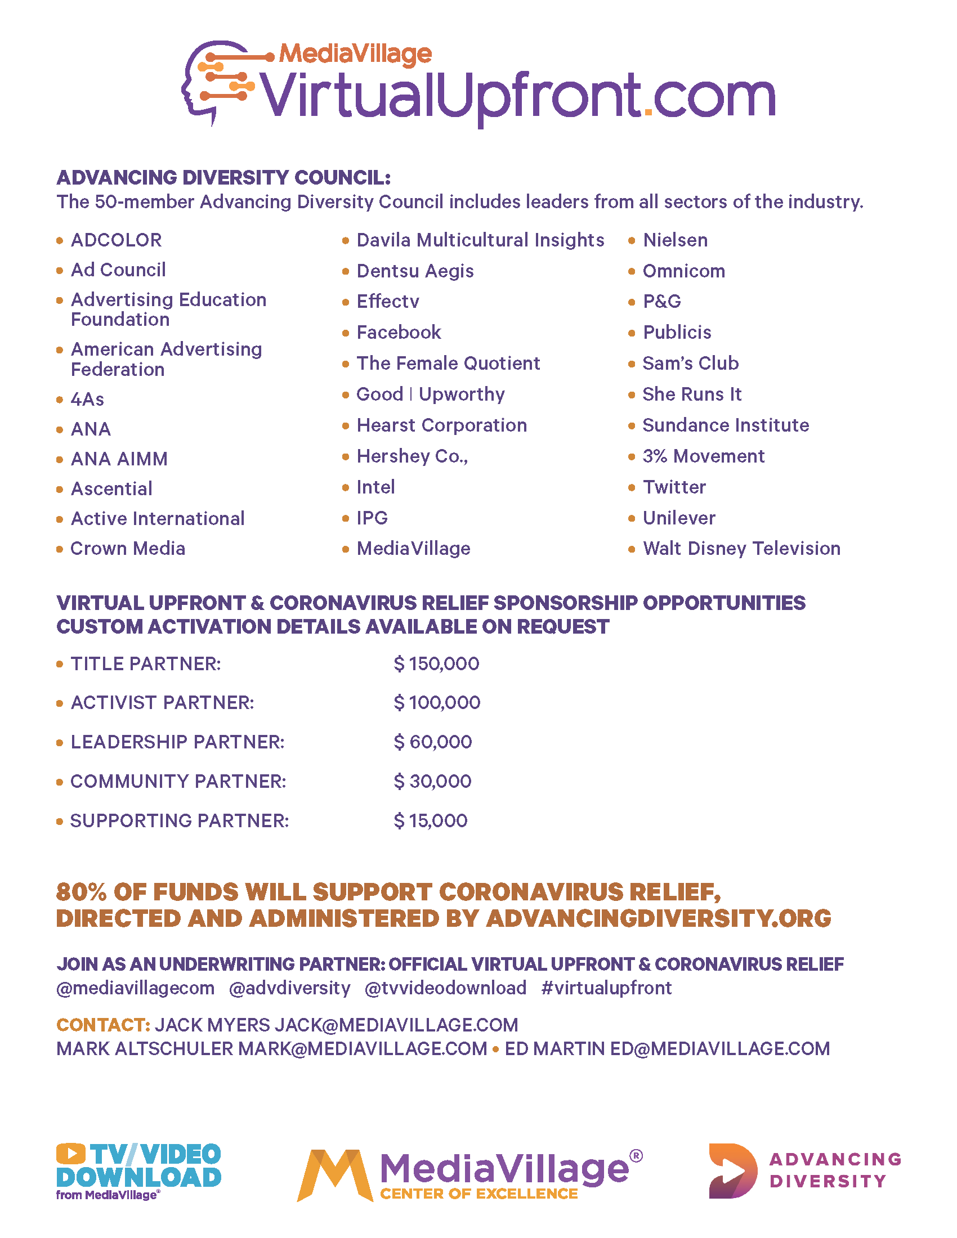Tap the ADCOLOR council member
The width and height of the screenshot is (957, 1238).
coord(116,240)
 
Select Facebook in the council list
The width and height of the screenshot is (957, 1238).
coord(399,333)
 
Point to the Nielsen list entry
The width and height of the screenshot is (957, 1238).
coord(675,240)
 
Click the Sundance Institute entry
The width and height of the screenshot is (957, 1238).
coord(726,425)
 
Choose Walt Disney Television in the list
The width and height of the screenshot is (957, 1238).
coord(741,549)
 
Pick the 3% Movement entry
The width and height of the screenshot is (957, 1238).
coord(704,456)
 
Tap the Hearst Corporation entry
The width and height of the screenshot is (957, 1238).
coord(442,425)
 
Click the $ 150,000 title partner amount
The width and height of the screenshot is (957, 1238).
coord(436,664)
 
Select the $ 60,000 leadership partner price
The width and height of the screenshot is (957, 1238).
coord(432,742)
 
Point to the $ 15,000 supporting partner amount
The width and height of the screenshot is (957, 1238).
coord(430,821)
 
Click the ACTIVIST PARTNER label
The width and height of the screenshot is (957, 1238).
coord(162,703)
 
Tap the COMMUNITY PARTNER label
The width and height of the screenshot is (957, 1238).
coord(178,782)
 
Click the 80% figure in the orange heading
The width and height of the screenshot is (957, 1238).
coord(81,892)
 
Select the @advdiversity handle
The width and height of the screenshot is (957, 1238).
coord(290,988)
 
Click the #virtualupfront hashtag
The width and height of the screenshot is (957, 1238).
coord(607,988)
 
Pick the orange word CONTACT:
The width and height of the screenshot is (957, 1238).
coord(103,1025)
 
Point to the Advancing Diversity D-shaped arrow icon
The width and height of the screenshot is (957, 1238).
coord(732,1171)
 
